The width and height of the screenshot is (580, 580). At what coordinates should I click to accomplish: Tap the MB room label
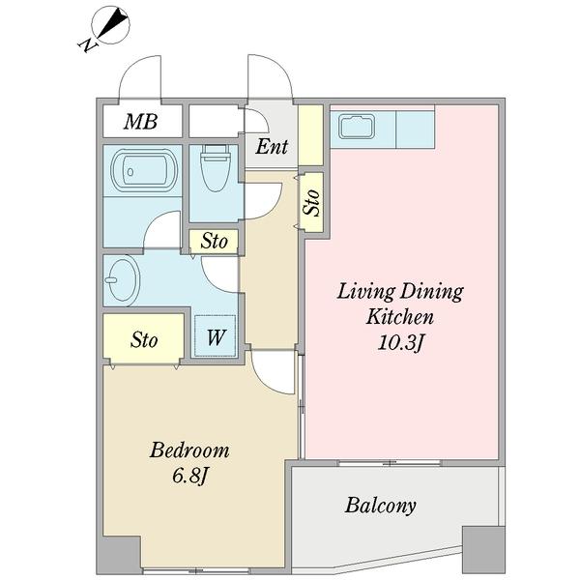pyautogui.click(x=140, y=122)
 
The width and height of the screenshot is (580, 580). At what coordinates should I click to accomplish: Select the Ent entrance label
pyautogui.click(x=272, y=147)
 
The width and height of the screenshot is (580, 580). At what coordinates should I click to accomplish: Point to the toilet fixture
pyautogui.click(x=216, y=167)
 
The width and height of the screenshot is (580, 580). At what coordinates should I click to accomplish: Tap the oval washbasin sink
pyautogui.click(x=122, y=280)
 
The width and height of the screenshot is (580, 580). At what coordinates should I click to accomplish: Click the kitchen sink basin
pyautogui.click(x=357, y=127)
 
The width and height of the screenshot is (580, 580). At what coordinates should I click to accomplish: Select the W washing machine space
pyautogui.click(x=216, y=335)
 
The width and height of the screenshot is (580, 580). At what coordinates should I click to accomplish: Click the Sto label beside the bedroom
pyautogui.click(x=144, y=339)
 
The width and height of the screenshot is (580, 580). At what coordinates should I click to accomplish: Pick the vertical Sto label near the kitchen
pyautogui.click(x=311, y=202)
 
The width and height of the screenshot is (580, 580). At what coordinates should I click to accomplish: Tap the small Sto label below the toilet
pyautogui.click(x=214, y=242)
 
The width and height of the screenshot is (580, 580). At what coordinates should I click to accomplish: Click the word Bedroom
pyautogui.click(x=189, y=450)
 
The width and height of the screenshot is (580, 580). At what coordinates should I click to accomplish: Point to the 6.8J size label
pyautogui.click(x=188, y=476)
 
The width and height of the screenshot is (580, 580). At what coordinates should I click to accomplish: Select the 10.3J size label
pyautogui.click(x=400, y=343)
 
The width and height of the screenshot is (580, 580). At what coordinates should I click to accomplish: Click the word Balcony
pyautogui.click(x=380, y=506)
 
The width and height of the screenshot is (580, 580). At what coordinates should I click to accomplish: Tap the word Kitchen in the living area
pyautogui.click(x=399, y=317)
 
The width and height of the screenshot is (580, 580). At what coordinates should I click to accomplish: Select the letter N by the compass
pyautogui.click(x=87, y=45)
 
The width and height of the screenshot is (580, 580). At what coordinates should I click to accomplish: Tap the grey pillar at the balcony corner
pyautogui.click(x=483, y=550)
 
